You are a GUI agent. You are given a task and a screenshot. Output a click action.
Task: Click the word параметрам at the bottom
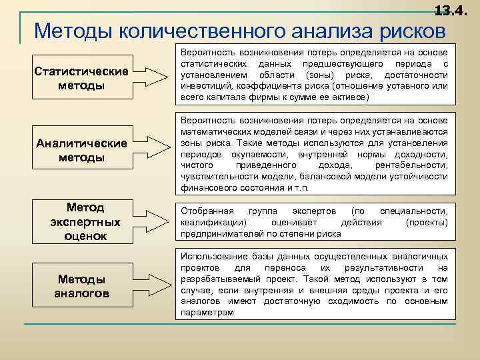tap(207, 313)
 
